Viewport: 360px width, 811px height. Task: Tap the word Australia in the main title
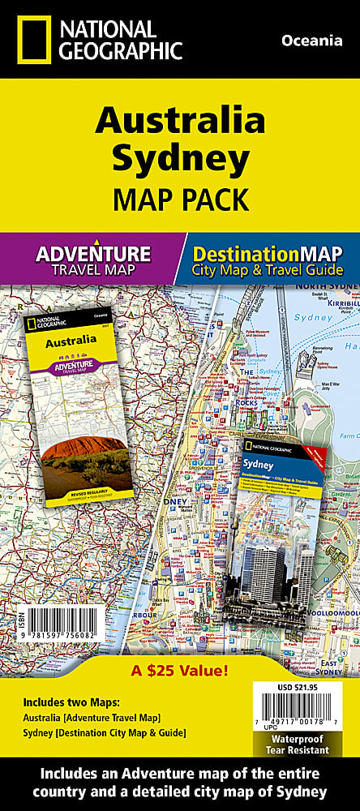tap(180, 121)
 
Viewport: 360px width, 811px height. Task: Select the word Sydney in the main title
tap(180, 159)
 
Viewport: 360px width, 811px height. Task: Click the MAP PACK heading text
tap(180, 196)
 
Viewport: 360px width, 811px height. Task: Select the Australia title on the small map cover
tap(68, 343)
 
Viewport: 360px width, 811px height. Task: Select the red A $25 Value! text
tap(179, 648)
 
